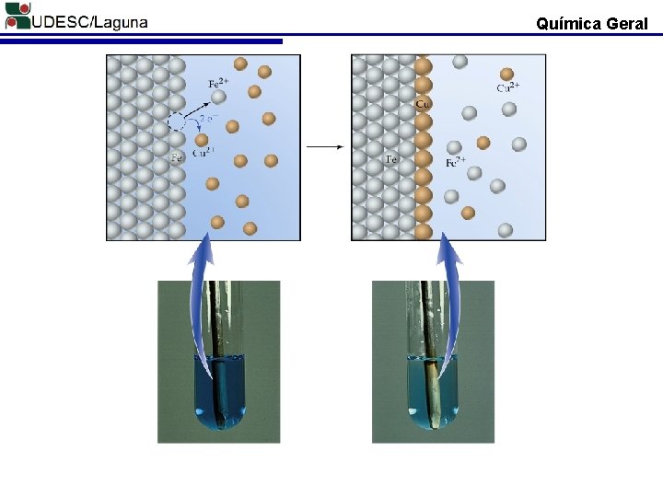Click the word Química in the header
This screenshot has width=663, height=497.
coord(569,24)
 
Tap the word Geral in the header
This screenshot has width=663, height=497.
coord(628,24)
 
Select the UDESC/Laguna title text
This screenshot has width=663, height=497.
coord(89,22)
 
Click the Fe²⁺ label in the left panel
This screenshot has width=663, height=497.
coord(218,81)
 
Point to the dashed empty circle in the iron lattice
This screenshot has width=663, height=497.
coord(177,121)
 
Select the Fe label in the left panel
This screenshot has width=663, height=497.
coord(177,158)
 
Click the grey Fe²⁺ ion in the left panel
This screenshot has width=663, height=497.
coord(218,97)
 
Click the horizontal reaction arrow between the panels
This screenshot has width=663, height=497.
coord(324,146)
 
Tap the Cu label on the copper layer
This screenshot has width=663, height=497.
coord(423,104)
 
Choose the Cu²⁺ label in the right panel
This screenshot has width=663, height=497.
coord(508,87)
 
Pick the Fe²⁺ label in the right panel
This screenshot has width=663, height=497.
coord(455,163)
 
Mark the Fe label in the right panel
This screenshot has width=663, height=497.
coord(391,159)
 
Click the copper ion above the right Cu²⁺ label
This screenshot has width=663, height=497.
coord(506,74)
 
